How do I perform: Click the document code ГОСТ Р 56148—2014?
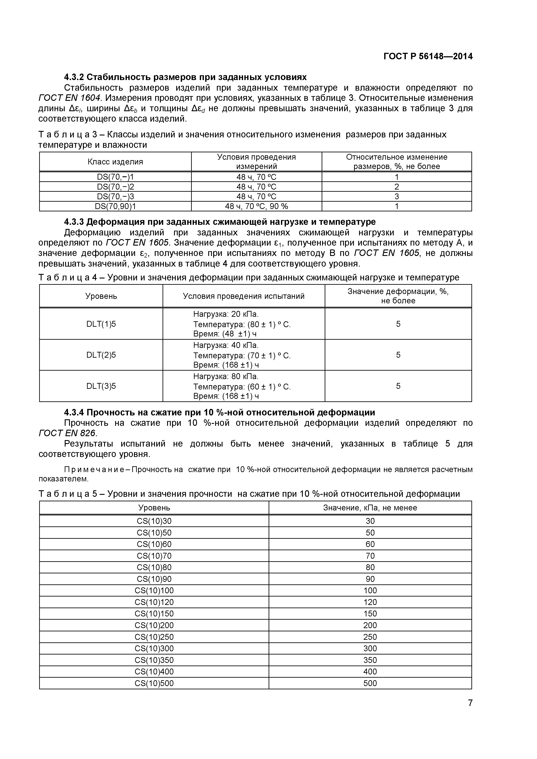pyautogui.click(x=428, y=56)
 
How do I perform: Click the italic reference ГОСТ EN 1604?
pyautogui.click(x=69, y=98)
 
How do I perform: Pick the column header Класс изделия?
pyautogui.click(x=115, y=162)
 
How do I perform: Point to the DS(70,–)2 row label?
pyautogui.click(x=115, y=187)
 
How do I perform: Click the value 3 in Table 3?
pyautogui.click(x=397, y=197)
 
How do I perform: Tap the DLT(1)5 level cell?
pyautogui.click(x=101, y=324)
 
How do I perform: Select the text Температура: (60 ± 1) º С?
pyautogui.click(x=242, y=387)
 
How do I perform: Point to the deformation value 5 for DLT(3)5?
pyautogui.click(x=398, y=386)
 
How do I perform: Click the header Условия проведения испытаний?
pyautogui.click(x=244, y=296)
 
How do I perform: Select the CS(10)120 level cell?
pyautogui.click(x=154, y=602)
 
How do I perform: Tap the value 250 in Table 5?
pyautogui.click(x=370, y=637)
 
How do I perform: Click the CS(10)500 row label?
pyautogui.click(x=154, y=683)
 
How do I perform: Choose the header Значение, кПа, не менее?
pyautogui.click(x=370, y=508)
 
